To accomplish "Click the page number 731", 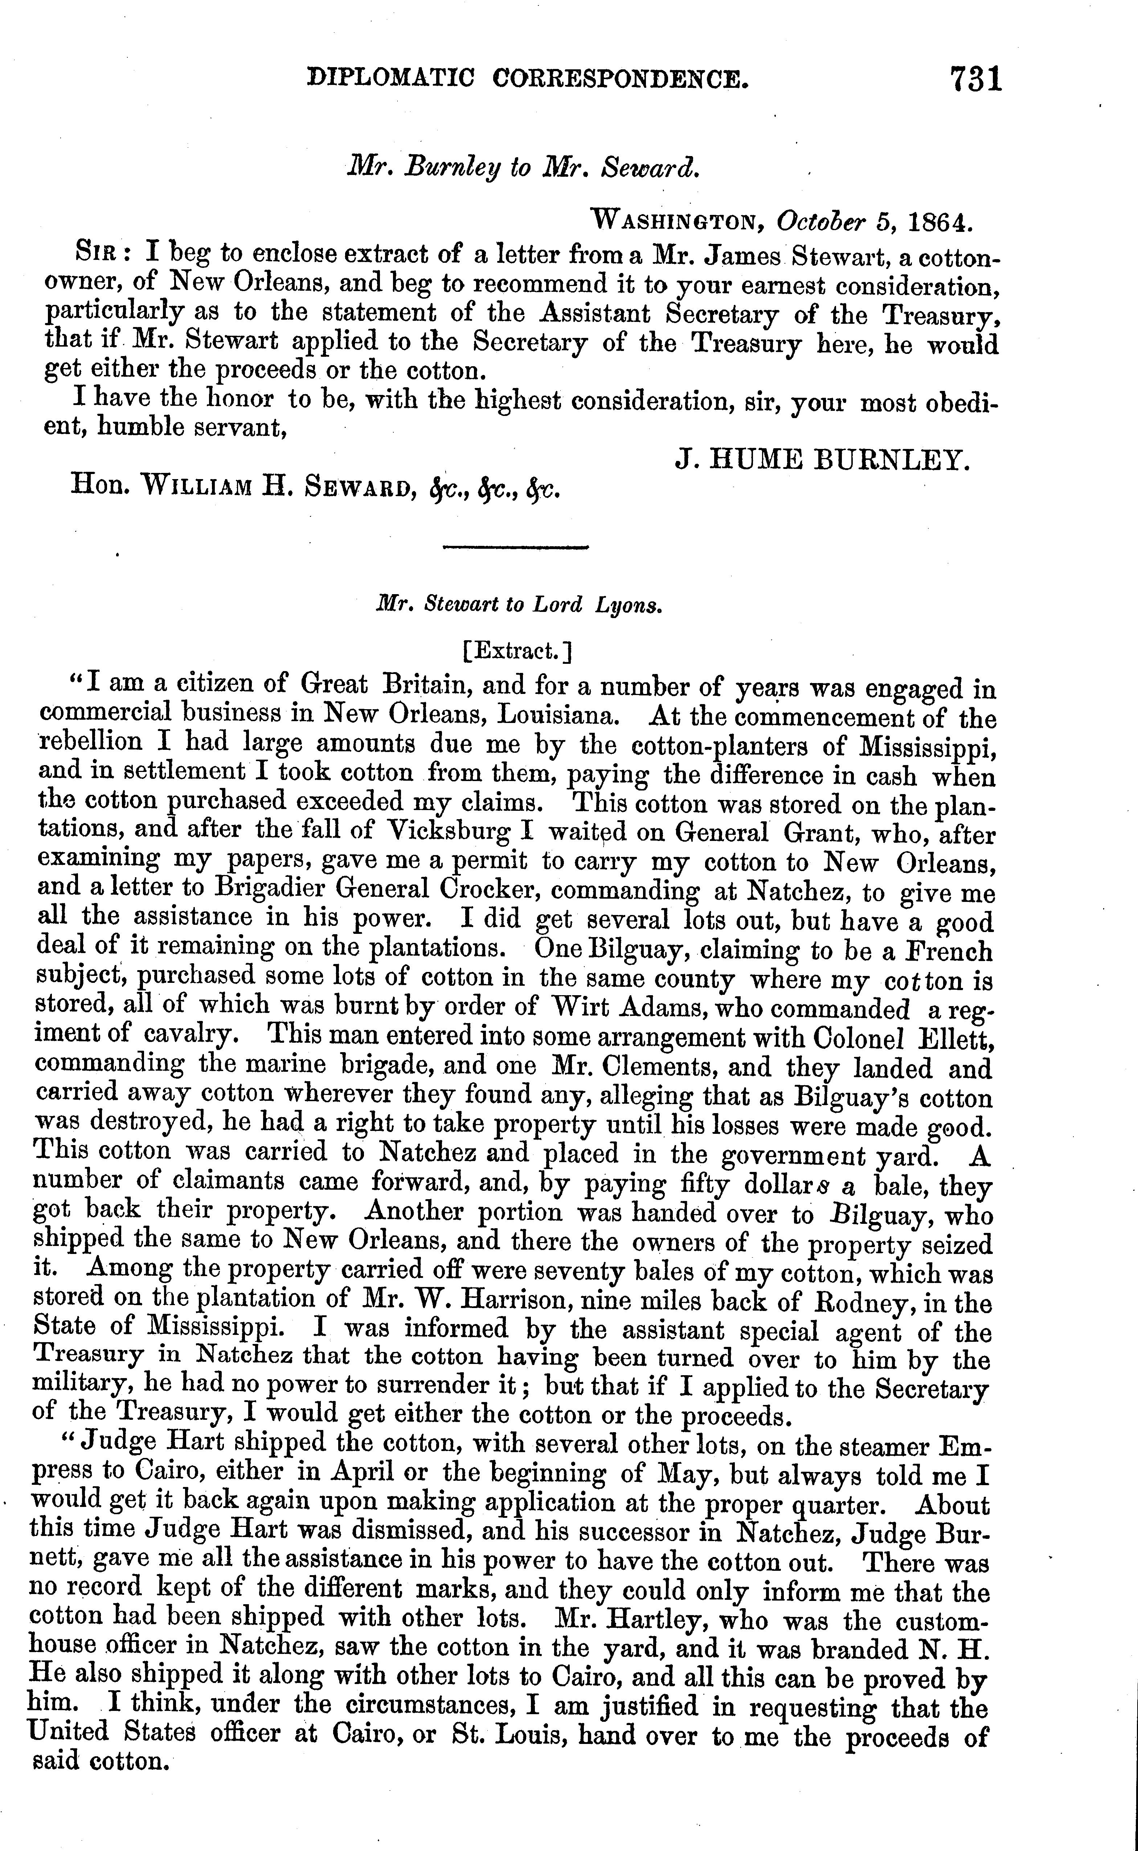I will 976,78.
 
